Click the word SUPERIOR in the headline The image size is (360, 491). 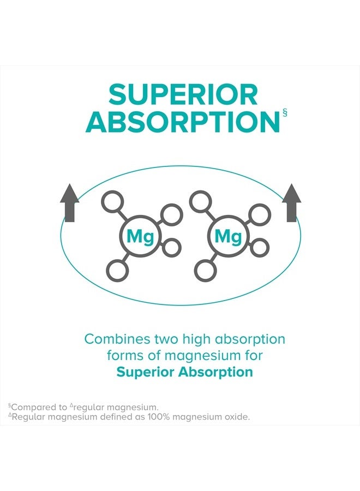[183, 94]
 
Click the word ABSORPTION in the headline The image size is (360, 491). [183, 122]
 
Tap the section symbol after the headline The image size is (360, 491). [285, 113]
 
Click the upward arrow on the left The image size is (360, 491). [69, 203]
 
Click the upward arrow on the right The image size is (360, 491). [291, 203]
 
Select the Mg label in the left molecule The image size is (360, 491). [140, 237]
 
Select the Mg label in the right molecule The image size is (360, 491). [228, 237]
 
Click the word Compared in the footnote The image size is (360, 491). [29, 408]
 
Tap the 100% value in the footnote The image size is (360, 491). [158, 417]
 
